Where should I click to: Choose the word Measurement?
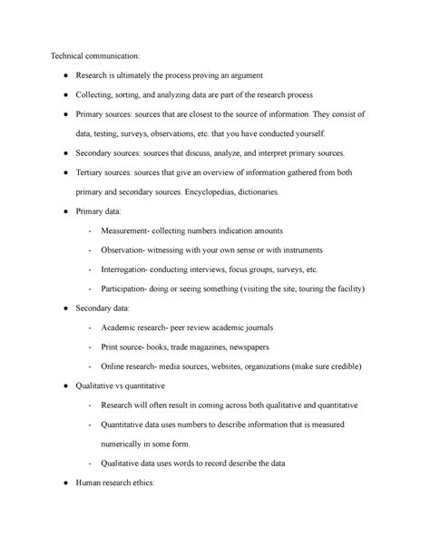[x=135, y=231]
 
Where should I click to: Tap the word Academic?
[x=126, y=329]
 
